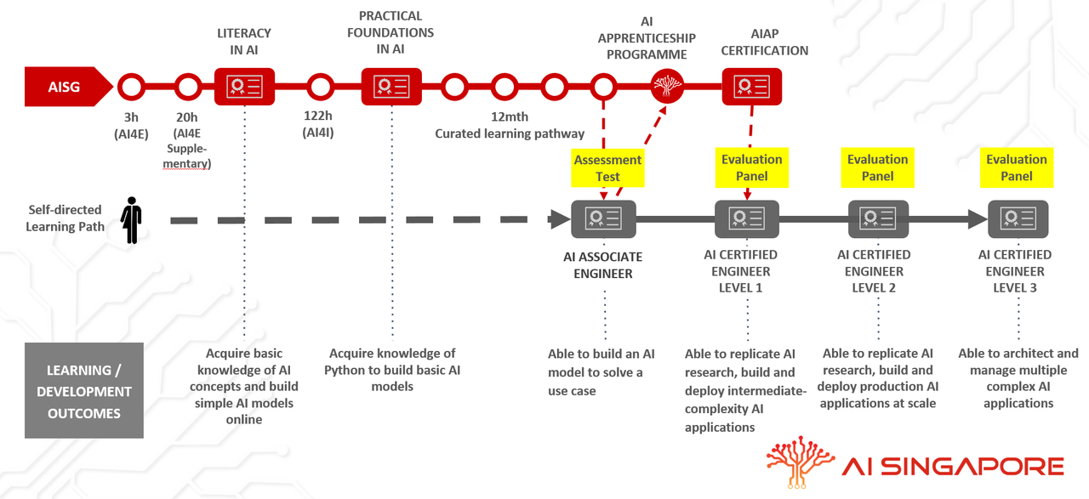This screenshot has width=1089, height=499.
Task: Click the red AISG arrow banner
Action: (x=68, y=87)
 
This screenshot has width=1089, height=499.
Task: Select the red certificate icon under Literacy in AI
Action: (x=244, y=87)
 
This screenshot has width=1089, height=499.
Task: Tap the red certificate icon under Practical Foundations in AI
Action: (x=391, y=87)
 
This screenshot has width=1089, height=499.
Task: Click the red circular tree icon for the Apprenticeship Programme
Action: (x=667, y=86)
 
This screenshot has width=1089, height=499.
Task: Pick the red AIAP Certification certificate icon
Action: (x=751, y=87)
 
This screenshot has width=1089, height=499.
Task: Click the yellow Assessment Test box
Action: (x=607, y=167)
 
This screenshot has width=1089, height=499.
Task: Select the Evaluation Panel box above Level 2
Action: (x=877, y=167)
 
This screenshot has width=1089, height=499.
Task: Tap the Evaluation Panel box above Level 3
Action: (x=1017, y=167)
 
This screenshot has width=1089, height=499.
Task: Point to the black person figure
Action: (x=131, y=220)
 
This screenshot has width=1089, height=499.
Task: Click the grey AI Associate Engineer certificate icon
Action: (x=603, y=219)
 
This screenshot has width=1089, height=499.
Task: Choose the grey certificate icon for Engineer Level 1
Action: (x=747, y=219)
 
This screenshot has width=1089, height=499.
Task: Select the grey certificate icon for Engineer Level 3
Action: (x=1018, y=219)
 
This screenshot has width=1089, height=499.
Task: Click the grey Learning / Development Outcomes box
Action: (x=84, y=391)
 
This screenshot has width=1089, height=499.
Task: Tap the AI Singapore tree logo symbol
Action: (x=800, y=462)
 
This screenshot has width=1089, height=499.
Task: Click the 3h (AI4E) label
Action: (x=131, y=125)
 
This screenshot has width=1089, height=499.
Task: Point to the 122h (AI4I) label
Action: (x=318, y=124)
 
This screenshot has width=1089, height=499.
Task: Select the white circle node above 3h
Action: (x=131, y=87)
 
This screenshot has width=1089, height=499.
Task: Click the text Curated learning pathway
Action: (x=510, y=133)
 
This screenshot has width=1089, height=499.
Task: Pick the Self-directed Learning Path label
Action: (x=66, y=218)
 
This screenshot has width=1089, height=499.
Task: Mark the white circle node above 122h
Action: (x=320, y=87)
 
